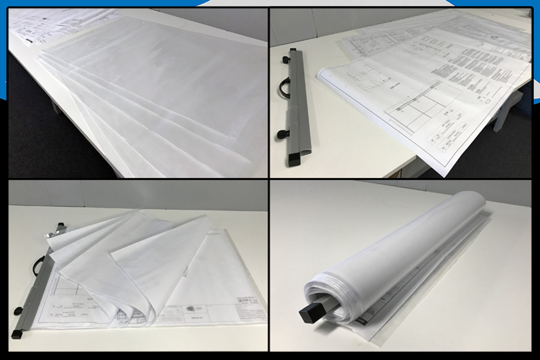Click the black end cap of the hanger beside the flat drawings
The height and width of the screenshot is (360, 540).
pos(293,160)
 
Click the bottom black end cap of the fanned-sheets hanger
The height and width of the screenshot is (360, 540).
pos(17,335)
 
